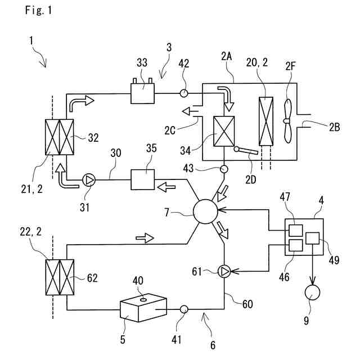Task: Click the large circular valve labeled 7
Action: pyautogui.click(x=205, y=211)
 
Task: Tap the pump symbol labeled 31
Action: pyautogui.click(x=89, y=180)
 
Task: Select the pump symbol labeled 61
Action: pyautogui.click(x=224, y=272)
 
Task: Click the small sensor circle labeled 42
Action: pyautogui.click(x=184, y=93)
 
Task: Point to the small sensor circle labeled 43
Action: pyautogui.click(x=224, y=169)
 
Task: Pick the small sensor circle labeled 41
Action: pyautogui.click(x=184, y=309)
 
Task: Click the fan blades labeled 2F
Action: pyautogui.click(x=287, y=121)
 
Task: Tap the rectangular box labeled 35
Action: pyautogui.click(x=142, y=180)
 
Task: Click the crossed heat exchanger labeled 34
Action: pyautogui.click(x=224, y=131)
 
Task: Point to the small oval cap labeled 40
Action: pyautogui.click(x=143, y=299)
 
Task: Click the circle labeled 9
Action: pyautogui.click(x=312, y=292)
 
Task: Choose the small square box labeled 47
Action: pyautogui.click(x=295, y=230)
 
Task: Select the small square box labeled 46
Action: pyautogui.click(x=295, y=246)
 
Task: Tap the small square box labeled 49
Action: pyautogui.click(x=313, y=238)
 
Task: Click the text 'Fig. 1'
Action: pyautogui.click(x=39, y=10)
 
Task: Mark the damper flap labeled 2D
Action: pyautogui.click(x=246, y=150)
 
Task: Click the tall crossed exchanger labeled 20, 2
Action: pyautogui.click(x=266, y=121)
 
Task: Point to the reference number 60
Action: pyautogui.click(x=247, y=304)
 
